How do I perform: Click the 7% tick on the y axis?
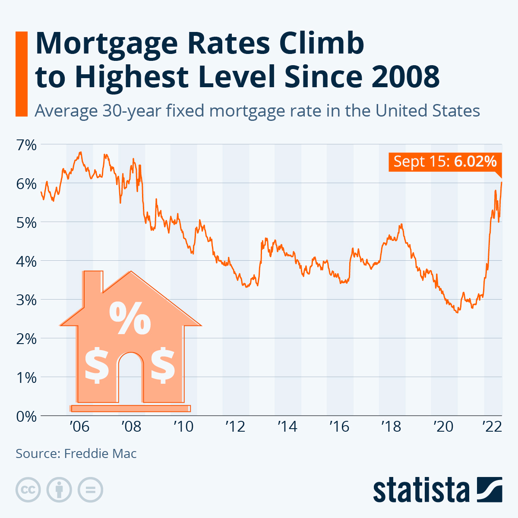click(26, 145)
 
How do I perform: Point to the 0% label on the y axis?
click(26, 417)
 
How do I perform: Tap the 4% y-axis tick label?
click(26, 261)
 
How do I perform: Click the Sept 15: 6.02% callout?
click(445, 162)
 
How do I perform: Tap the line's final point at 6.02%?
click(502, 182)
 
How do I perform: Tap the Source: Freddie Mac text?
click(76, 454)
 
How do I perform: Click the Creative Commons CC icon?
click(28, 490)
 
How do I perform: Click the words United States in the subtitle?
click(427, 111)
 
